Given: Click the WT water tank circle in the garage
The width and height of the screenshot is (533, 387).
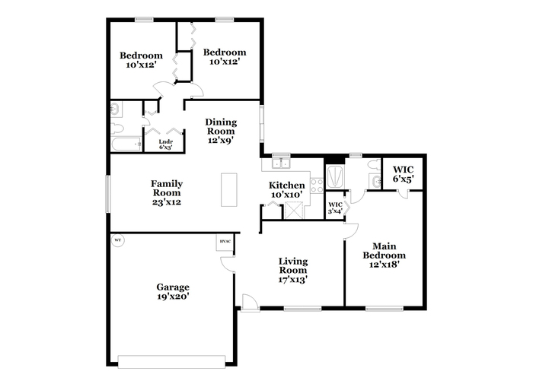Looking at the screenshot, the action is point(117,240).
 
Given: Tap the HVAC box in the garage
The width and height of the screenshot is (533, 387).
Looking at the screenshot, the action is point(225,243).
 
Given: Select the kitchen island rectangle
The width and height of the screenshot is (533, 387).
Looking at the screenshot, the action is point(229,190).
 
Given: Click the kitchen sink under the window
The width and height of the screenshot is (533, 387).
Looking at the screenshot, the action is point(281,163).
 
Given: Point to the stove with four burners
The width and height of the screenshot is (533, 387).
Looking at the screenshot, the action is point(317,186).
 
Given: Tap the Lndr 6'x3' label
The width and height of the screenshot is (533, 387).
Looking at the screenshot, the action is point(166,144).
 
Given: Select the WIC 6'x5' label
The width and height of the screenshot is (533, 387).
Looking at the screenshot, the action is point(403,174).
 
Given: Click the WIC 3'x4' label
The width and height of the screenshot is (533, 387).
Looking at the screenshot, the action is point(335,208).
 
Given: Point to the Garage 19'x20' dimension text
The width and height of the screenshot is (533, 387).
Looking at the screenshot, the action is point(173,297).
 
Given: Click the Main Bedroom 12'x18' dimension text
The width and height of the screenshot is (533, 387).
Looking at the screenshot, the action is point(384,264).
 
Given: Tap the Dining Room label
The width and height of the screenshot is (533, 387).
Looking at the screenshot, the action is point(221,126).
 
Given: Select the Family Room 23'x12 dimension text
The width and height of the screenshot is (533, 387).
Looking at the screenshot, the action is point(167,202).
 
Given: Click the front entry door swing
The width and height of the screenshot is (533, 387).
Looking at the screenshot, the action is point(249,302).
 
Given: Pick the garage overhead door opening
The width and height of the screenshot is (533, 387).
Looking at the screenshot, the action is point(171,362).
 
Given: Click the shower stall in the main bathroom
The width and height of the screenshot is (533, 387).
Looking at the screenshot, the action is point(335,177).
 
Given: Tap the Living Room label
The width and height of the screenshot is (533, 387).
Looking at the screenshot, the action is point(293,265).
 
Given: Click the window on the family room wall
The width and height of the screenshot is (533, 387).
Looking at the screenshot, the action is point(108,193).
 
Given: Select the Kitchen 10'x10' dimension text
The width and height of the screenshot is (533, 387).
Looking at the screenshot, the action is point(287,195).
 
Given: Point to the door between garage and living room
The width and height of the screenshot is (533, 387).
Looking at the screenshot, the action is point(228,264).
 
